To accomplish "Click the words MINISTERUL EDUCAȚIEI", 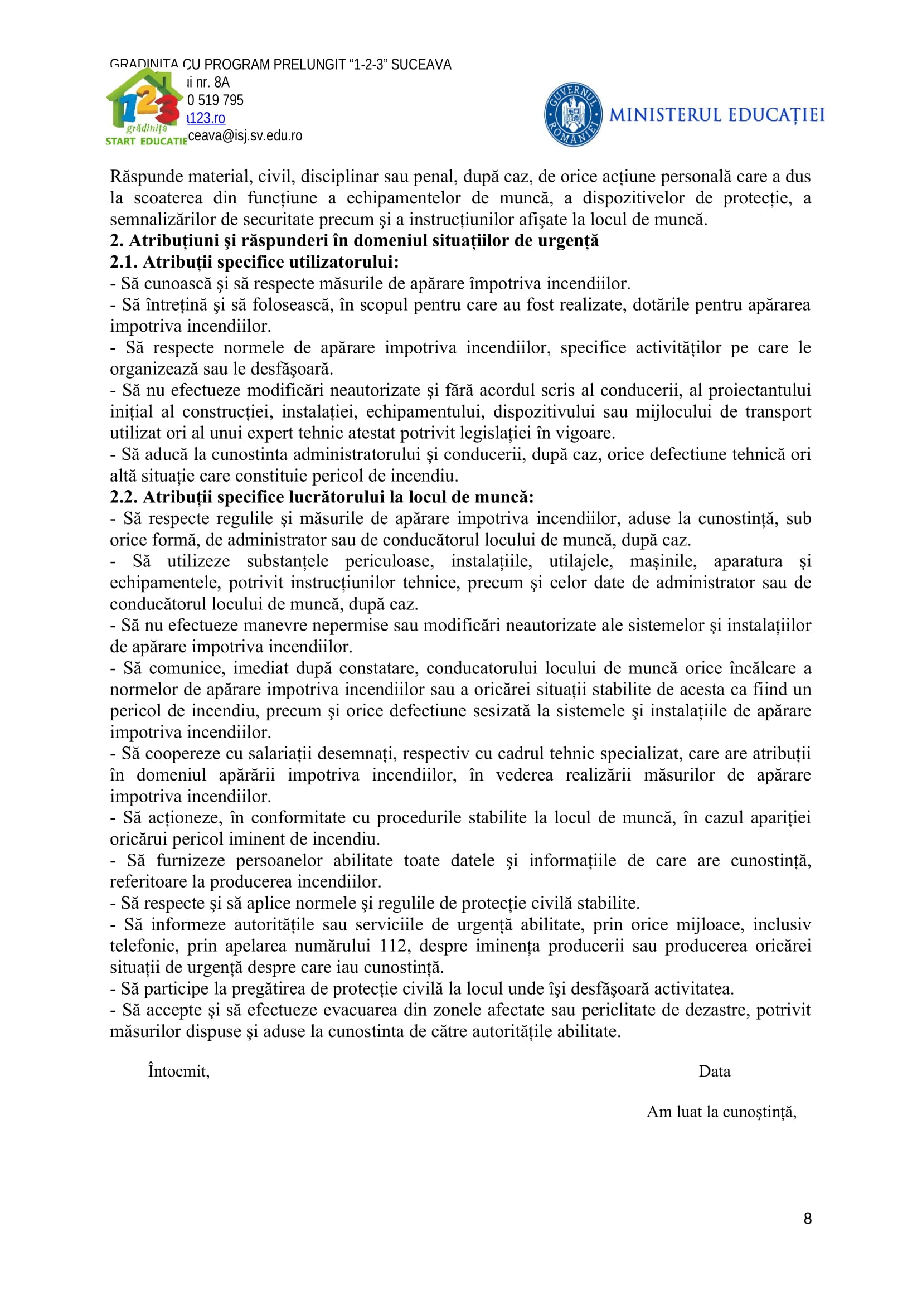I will pyautogui.click(x=716, y=115).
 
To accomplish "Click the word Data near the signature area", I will pyautogui.click(x=714, y=1071).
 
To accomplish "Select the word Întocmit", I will pyautogui.click(x=178, y=1071).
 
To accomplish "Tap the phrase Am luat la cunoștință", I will pyautogui.click(x=721, y=1112).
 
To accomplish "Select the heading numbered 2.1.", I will pyautogui.click(x=254, y=263).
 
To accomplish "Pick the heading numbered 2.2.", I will pyautogui.click(x=321, y=497).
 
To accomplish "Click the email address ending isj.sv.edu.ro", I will pyautogui.click(x=245, y=135).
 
